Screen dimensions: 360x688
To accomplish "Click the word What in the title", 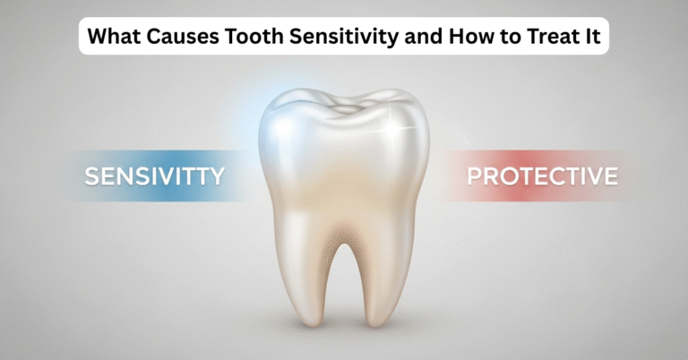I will tap(114, 38).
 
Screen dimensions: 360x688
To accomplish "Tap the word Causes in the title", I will tap(177, 38).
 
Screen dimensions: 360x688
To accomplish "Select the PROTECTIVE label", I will tap(542, 176).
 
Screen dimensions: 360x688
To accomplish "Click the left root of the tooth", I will tap(297, 278).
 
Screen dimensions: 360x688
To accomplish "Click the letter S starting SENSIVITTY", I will tap(91, 176).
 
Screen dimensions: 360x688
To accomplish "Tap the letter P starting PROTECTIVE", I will tap(475, 176).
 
